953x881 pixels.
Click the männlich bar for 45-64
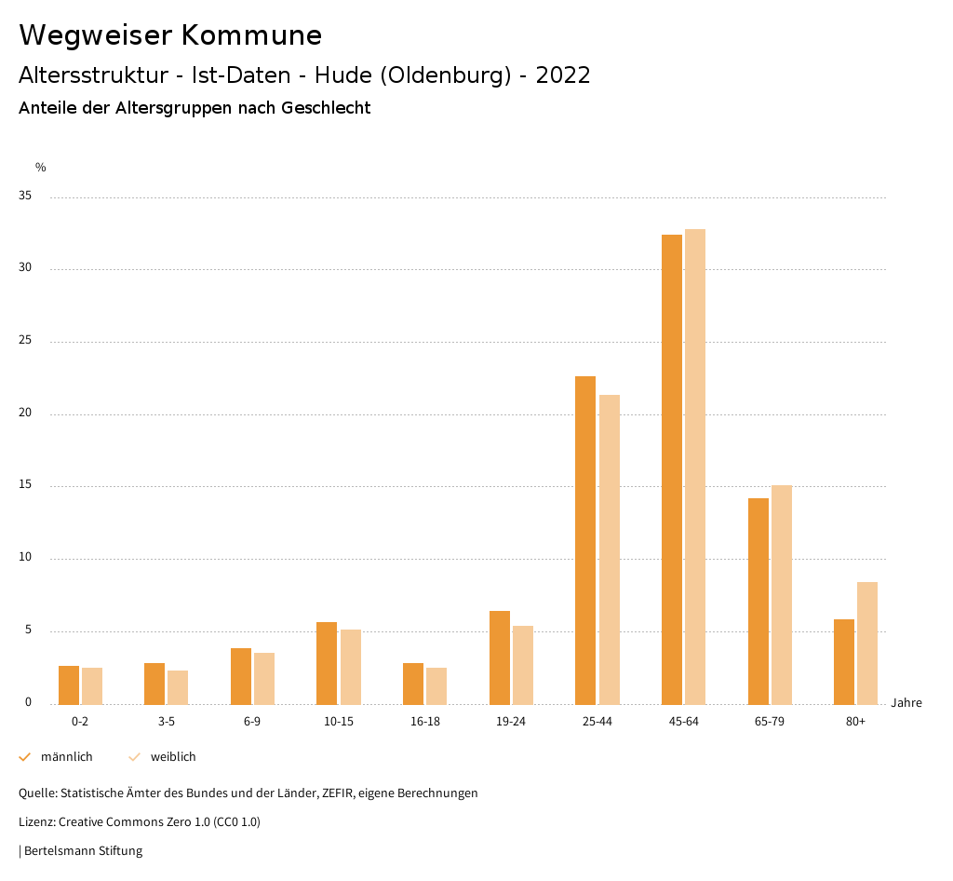tap(672, 469)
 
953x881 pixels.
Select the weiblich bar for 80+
tap(867, 643)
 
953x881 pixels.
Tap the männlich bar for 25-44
tap(585, 540)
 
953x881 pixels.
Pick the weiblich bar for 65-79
tap(782, 594)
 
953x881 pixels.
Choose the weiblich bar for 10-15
tap(350, 667)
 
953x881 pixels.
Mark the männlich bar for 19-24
tap(500, 657)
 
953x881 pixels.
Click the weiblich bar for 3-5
tap(178, 687)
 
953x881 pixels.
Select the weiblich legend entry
tap(163, 757)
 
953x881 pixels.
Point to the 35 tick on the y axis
tap(25, 197)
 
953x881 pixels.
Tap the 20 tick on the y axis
tap(25, 413)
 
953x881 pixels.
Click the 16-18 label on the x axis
tap(425, 722)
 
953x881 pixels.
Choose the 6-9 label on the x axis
tap(252, 722)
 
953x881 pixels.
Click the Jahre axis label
tap(906, 703)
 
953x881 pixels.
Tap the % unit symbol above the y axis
tap(41, 168)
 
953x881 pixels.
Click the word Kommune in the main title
tap(251, 35)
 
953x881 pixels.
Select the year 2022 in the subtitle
tap(563, 75)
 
